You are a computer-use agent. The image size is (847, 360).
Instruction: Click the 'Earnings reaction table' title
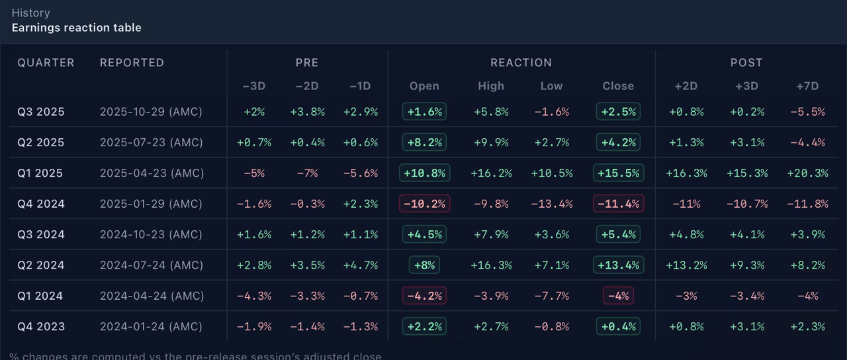coord(76,28)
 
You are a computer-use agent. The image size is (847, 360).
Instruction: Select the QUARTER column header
coord(46,63)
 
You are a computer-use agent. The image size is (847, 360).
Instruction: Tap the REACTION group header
coord(521,63)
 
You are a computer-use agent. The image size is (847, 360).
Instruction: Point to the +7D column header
coord(807,86)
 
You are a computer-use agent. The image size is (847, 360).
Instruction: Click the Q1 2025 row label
coord(40,173)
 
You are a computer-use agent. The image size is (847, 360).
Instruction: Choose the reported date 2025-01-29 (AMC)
coord(152,204)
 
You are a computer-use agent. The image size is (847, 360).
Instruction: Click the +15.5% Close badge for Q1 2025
coord(618,173)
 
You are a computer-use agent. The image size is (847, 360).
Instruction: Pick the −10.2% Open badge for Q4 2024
coord(424,204)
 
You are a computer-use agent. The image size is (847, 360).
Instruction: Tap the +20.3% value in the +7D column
coord(807,173)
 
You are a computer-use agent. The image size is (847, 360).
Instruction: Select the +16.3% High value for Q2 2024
coord(491,265)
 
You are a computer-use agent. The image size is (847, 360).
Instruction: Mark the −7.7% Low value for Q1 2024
coord(551,296)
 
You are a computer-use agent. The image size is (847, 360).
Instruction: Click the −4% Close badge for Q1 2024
coord(618,296)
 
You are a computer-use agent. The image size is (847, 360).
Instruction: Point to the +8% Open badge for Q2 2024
coord(424,265)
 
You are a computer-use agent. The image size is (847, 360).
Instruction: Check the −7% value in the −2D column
coord(307,173)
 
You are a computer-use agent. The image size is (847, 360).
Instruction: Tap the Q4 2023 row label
coord(41,326)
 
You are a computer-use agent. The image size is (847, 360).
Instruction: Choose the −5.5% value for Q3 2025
coord(807,112)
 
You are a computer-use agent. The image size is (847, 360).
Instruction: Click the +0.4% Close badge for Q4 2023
coord(618,326)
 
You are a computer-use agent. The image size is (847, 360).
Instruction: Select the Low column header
coord(551,86)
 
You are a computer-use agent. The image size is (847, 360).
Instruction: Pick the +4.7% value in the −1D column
coord(360,265)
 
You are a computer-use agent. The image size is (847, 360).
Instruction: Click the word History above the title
coord(30,13)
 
